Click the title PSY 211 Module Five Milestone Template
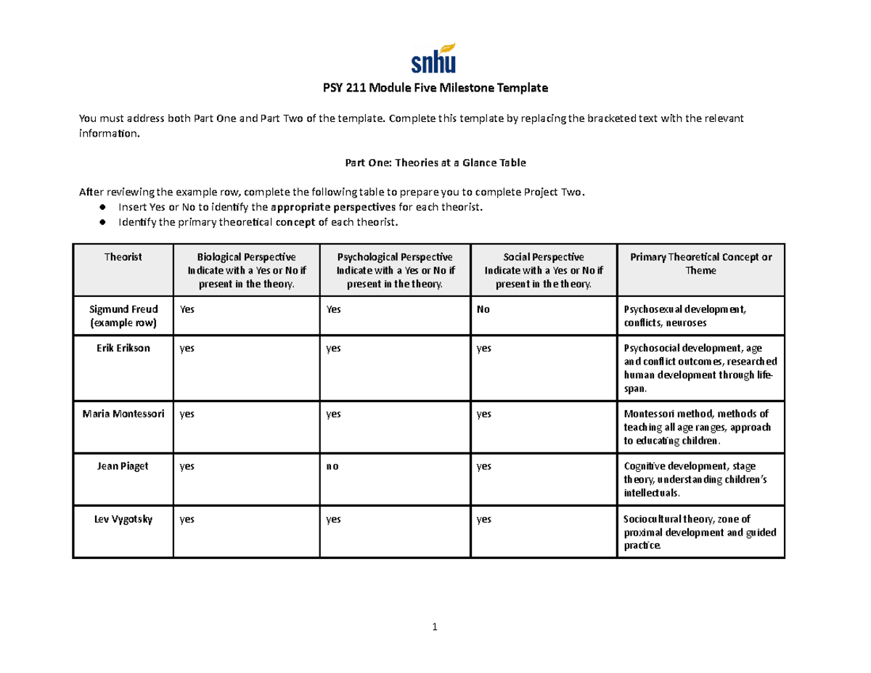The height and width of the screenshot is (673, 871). point(435,89)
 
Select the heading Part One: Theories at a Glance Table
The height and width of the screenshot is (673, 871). point(435,163)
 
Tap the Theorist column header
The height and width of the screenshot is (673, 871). point(123,257)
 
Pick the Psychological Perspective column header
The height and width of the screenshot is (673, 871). point(395,270)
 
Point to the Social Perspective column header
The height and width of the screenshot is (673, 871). point(544,270)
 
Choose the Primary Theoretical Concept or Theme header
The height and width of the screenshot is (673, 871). point(700,264)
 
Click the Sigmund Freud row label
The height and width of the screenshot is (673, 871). point(123,315)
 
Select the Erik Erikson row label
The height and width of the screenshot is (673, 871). point(123,348)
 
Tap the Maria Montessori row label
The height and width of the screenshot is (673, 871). point(123,414)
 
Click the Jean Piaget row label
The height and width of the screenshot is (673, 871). point(123,466)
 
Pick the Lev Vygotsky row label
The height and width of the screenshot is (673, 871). point(123,518)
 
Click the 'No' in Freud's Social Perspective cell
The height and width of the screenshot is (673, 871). point(483,309)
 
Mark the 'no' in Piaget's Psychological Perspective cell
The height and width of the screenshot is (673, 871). point(332,467)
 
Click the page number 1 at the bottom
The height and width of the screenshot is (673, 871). point(434,628)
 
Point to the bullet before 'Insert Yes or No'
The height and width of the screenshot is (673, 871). point(103,208)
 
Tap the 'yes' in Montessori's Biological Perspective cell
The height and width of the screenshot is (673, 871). point(187,415)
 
